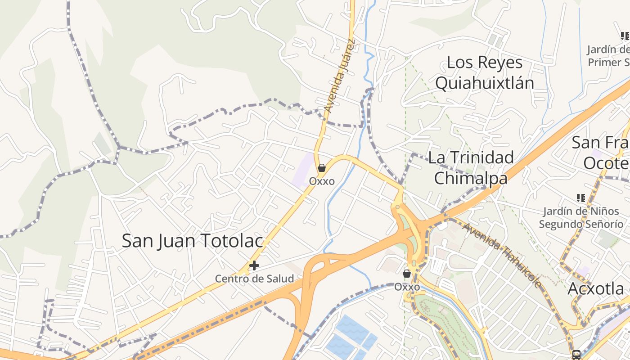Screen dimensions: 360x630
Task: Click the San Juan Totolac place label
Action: pyautogui.click(x=192, y=241)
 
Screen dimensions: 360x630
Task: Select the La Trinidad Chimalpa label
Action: pyautogui.click(x=471, y=167)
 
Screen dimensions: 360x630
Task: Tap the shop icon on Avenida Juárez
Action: pyautogui.click(x=321, y=168)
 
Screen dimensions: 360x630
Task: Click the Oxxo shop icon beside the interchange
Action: pyautogui.click(x=407, y=273)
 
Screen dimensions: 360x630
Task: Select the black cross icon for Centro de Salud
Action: pyautogui.click(x=254, y=265)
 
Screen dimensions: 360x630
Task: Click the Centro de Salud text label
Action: pyautogui.click(x=254, y=279)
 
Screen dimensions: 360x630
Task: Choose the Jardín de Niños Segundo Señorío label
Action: pyautogui.click(x=581, y=217)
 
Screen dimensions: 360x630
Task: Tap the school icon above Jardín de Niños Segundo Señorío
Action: pyautogui.click(x=580, y=198)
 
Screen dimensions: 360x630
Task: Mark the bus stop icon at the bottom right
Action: pyautogui.click(x=576, y=355)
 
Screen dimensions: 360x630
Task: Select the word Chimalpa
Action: pyautogui.click(x=471, y=178)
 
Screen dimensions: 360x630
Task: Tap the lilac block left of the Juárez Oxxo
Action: pyautogui.click(x=302, y=171)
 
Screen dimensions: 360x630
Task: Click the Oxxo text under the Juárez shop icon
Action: pyautogui.click(x=322, y=181)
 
